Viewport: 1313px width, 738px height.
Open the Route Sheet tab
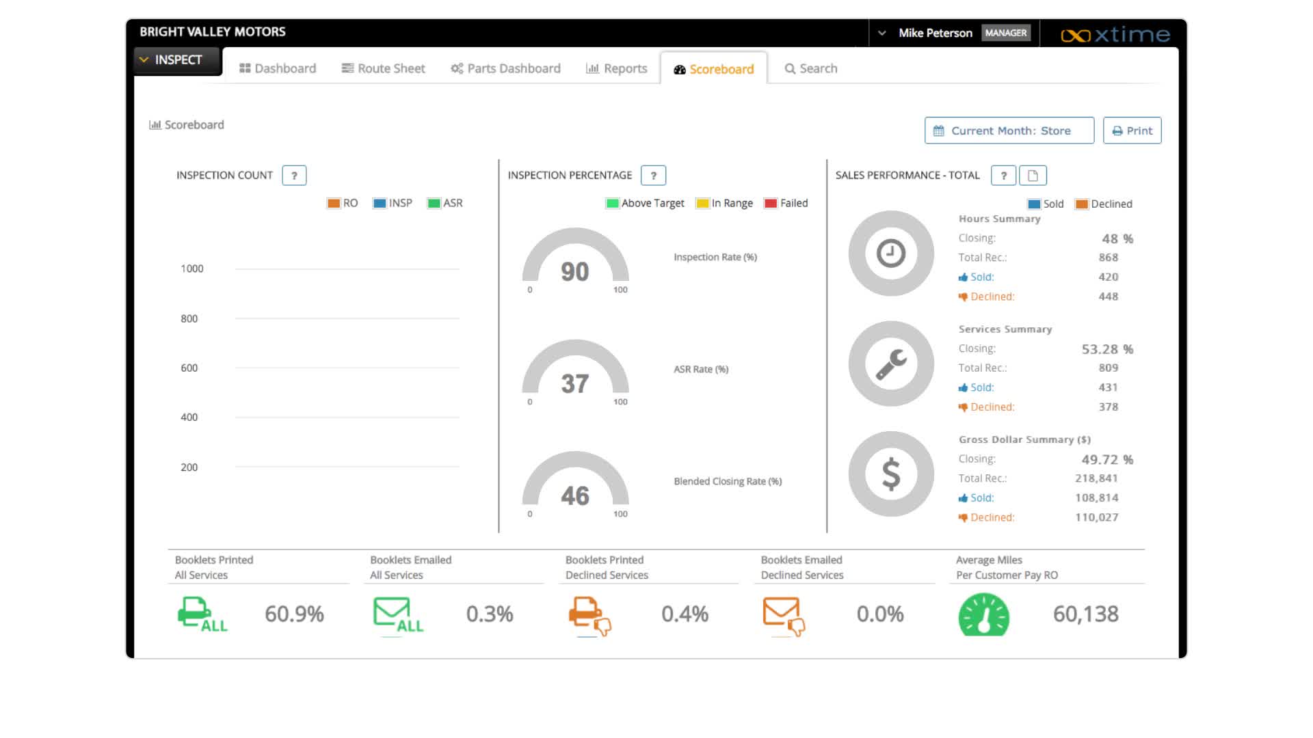point(384,68)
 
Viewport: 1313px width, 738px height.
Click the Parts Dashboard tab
point(505,68)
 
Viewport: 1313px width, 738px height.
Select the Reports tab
point(616,68)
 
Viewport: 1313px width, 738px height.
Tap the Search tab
point(811,68)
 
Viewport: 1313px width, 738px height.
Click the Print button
point(1132,131)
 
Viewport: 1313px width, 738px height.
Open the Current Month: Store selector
point(1009,131)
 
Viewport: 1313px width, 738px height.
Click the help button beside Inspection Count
point(294,176)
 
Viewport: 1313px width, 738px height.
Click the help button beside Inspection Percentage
point(653,176)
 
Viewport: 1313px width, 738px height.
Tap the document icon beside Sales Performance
point(1033,176)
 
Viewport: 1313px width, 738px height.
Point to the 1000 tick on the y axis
point(192,269)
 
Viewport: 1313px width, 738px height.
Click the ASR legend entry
point(445,203)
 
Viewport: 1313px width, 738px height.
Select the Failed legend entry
point(786,203)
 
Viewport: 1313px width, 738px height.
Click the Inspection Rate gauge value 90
point(574,272)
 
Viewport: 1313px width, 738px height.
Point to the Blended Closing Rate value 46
point(574,495)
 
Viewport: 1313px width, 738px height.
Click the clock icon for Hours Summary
point(890,254)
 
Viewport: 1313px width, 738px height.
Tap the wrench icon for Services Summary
point(890,364)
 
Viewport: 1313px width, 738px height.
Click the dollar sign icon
point(890,474)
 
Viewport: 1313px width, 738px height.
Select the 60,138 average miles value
point(1085,614)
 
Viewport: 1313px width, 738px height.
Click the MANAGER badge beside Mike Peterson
point(1005,33)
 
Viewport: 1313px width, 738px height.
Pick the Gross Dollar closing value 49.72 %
point(1106,460)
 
